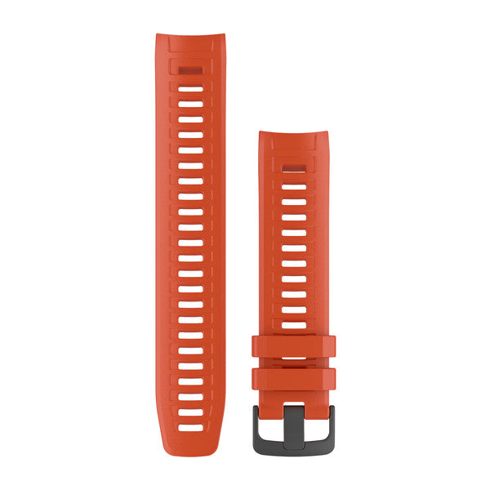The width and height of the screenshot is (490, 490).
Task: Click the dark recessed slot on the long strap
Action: point(190,70)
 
